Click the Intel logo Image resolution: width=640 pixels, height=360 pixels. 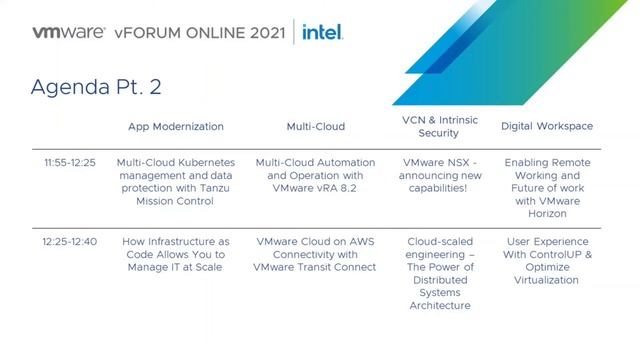(x=323, y=32)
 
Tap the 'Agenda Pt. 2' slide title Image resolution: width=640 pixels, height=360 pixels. (x=96, y=87)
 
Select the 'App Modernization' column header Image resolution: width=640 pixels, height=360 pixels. (x=176, y=127)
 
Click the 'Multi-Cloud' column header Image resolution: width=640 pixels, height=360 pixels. (x=315, y=127)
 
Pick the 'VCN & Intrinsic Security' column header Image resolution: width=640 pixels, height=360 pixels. (x=432, y=126)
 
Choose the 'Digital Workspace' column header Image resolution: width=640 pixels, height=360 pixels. (x=547, y=127)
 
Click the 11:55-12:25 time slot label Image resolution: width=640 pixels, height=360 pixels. (x=70, y=162)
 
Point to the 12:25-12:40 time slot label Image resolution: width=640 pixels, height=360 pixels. (x=70, y=242)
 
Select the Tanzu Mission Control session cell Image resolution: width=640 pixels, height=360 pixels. (x=176, y=181)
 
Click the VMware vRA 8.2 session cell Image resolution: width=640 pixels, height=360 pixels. (x=315, y=175)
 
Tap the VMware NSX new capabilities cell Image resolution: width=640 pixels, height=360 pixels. (x=432, y=175)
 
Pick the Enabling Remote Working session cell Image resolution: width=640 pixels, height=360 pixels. (x=547, y=188)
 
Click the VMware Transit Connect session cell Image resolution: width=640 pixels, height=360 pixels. (x=315, y=255)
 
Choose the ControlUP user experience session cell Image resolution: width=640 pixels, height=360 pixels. (x=547, y=261)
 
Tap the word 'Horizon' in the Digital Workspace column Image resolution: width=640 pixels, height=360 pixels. (x=547, y=214)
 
